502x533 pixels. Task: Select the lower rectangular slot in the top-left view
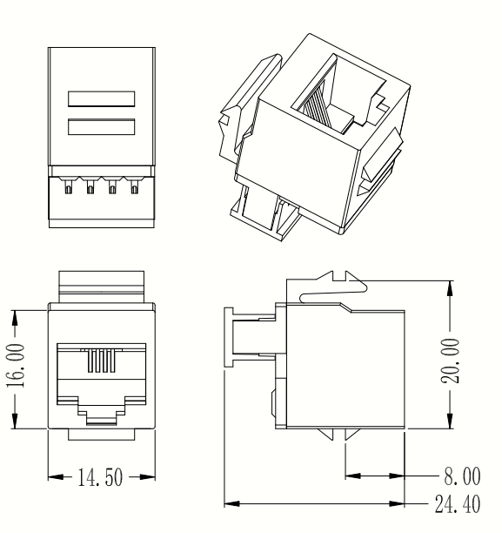[102, 128]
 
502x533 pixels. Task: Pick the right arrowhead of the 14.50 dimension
[150, 477]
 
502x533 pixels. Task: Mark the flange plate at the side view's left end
[230, 336]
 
